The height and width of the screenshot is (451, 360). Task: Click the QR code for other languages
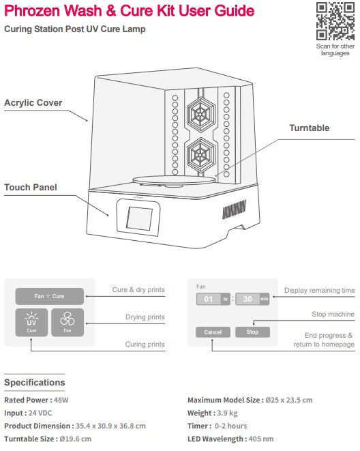pyautogui.click(x=335, y=21)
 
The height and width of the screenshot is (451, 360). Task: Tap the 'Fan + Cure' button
pyautogui.click(x=49, y=296)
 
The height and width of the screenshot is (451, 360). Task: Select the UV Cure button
pyautogui.click(x=31, y=323)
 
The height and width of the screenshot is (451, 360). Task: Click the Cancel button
pyautogui.click(x=213, y=332)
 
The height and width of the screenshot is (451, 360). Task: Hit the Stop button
pyautogui.click(x=252, y=332)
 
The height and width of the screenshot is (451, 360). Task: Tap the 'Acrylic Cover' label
pyautogui.click(x=33, y=102)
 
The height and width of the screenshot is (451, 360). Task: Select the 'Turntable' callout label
pyautogui.click(x=309, y=128)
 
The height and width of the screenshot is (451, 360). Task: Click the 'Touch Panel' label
pyautogui.click(x=31, y=187)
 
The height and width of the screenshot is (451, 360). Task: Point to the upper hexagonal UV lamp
pyautogui.click(x=201, y=115)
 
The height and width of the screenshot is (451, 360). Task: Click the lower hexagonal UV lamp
pyautogui.click(x=201, y=156)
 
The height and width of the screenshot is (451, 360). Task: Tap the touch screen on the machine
pyautogui.click(x=139, y=218)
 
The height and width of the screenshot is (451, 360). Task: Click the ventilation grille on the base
pyautogui.click(x=234, y=209)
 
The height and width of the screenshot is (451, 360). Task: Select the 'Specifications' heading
pyautogui.click(x=35, y=383)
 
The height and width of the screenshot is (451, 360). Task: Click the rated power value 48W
pyautogui.click(x=61, y=400)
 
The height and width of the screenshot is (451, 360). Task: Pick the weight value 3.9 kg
pyautogui.click(x=227, y=413)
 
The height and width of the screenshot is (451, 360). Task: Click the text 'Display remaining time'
pyautogui.click(x=320, y=290)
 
